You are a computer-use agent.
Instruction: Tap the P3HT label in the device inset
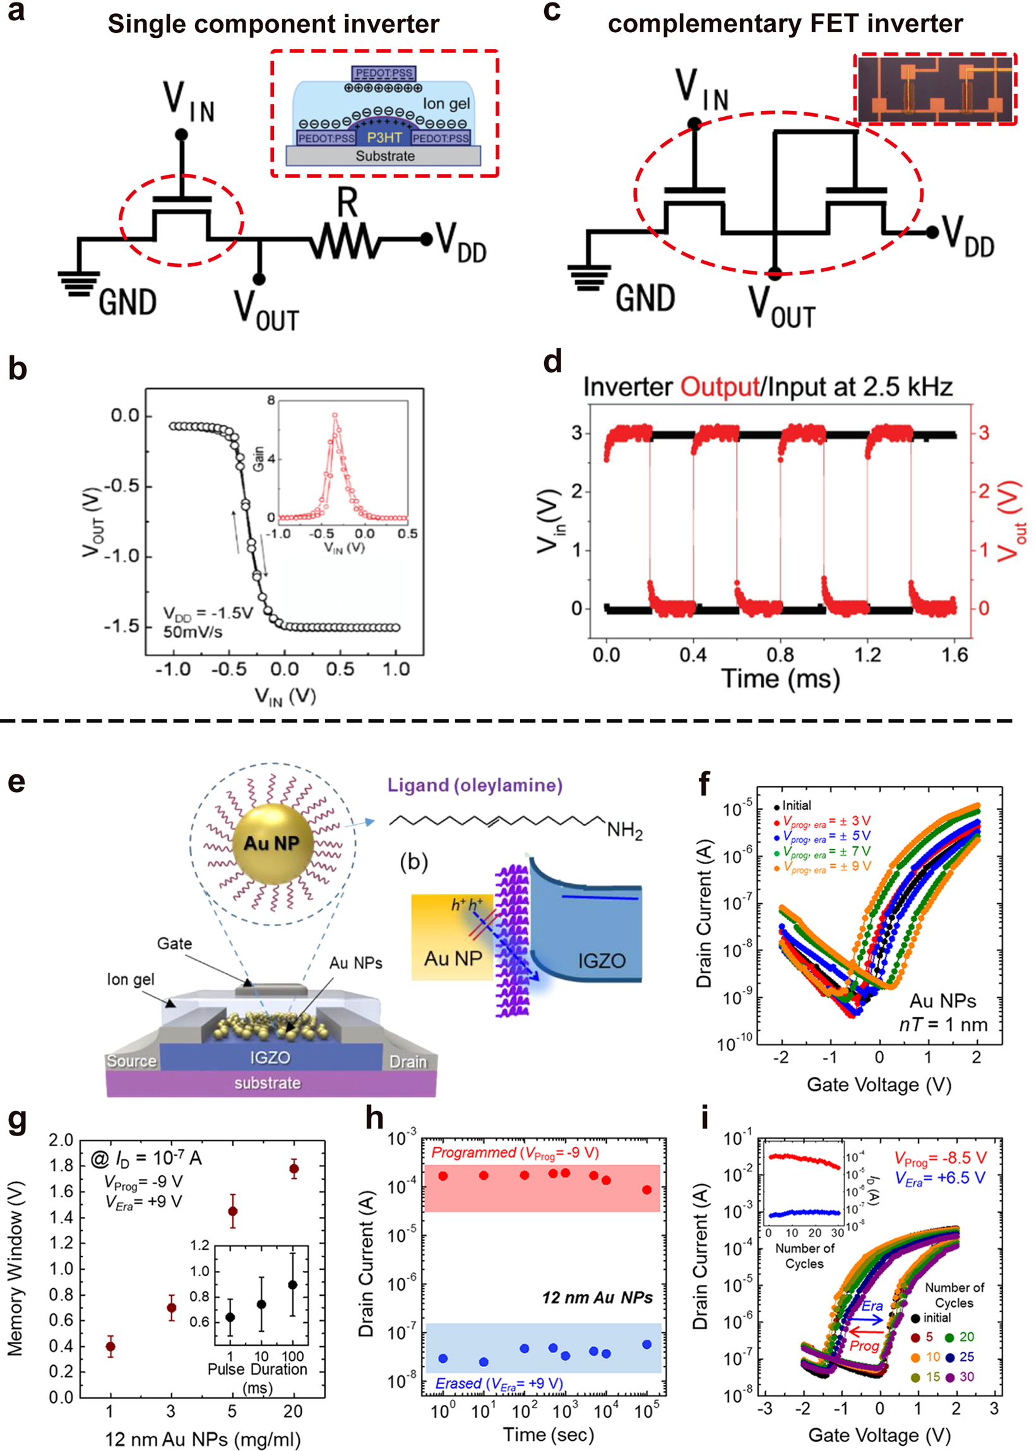384,138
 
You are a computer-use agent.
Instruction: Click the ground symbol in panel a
79,285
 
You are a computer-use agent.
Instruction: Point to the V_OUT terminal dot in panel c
774,275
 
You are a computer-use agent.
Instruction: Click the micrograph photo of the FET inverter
934,88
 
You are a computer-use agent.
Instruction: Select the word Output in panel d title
720,387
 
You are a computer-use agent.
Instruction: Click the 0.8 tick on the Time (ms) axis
780,655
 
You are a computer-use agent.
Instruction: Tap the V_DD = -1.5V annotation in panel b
208,613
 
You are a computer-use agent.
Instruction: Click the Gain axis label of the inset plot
258,459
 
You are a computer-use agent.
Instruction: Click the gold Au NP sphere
273,843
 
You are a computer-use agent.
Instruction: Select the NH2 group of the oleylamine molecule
624,830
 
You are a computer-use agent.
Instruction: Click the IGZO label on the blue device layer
270,1057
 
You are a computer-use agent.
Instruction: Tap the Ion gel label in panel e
131,979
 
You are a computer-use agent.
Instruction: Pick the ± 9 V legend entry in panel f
828,867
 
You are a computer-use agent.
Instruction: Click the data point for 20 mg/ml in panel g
294,1168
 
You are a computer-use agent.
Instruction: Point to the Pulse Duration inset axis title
257,1369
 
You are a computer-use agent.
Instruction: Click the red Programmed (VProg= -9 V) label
514,1152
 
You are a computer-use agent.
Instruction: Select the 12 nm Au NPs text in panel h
597,1298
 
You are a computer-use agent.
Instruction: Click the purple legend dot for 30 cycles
950,1377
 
